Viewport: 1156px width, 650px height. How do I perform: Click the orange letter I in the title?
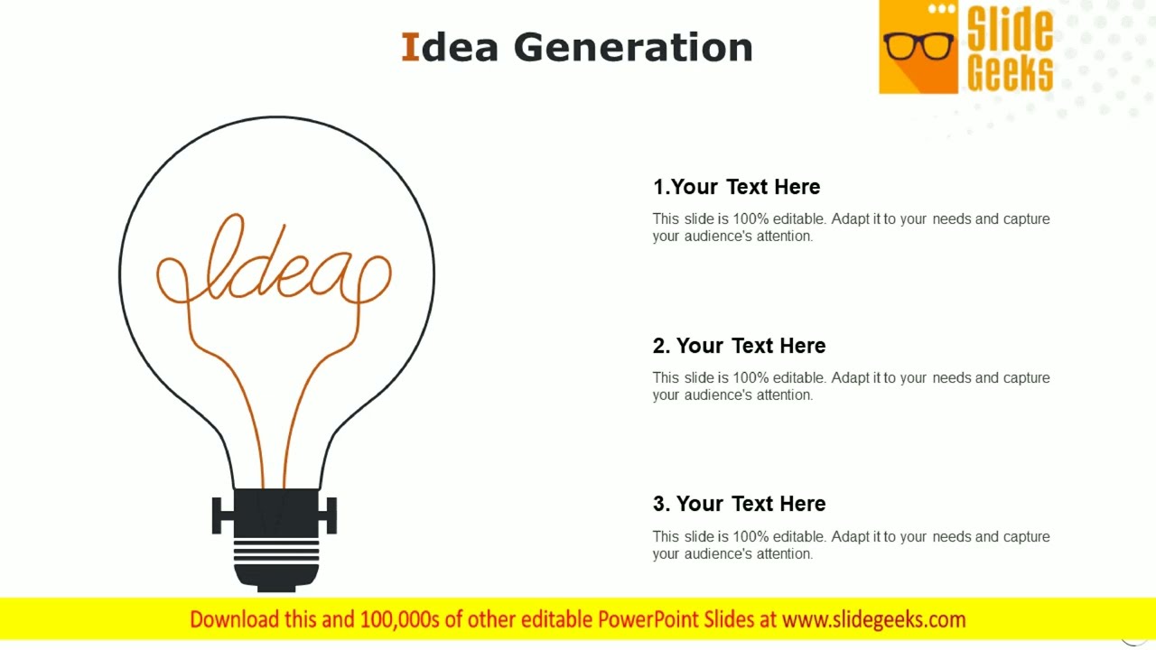pyautogui.click(x=410, y=48)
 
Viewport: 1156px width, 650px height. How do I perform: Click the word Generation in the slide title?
pyautogui.click(x=633, y=48)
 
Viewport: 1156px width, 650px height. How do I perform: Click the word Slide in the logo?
pyautogui.click(x=1009, y=29)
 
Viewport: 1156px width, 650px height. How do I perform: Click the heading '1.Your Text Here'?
pyautogui.click(x=736, y=187)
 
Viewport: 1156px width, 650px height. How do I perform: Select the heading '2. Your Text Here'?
pyautogui.click(x=739, y=346)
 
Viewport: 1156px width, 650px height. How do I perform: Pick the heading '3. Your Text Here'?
pyautogui.click(x=739, y=504)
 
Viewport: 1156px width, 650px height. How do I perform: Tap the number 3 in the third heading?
pyautogui.click(x=660, y=504)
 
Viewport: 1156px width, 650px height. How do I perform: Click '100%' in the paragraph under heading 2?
pyautogui.click(x=750, y=378)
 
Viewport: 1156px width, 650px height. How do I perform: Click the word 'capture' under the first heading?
pyautogui.click(x=1026, y=219)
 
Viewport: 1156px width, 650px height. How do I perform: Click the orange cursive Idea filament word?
pyautogui.click(x=275, y=266)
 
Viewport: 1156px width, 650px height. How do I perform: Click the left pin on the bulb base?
pyautogui.click(x=221, y=515)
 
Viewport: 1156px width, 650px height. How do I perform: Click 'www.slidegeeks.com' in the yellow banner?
pyautogui.click(x=873, y=619)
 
